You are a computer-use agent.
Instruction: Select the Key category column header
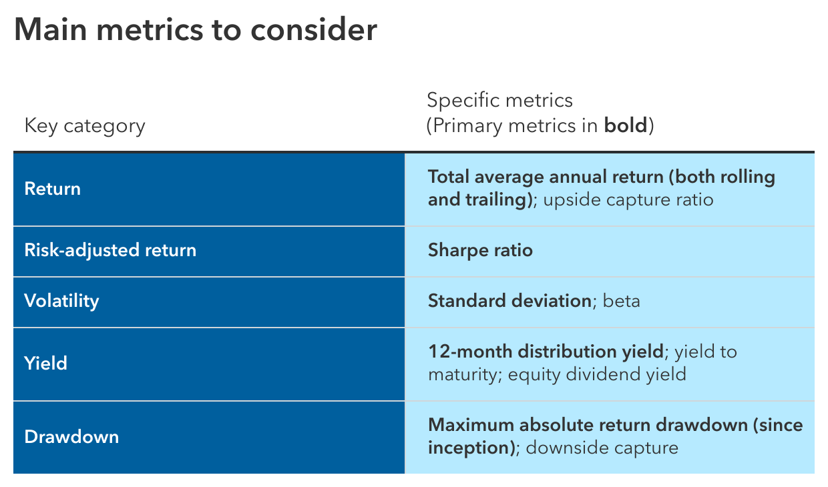(x=85, y=125)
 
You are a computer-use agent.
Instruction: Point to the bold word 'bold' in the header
(x=626, y=125)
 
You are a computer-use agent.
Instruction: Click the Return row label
(x=52, y=189)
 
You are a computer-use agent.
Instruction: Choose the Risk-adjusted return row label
(x=110, y=250)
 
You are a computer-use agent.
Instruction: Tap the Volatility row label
(x=61, y=301)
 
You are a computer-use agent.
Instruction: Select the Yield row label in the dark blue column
(x=45, y=364)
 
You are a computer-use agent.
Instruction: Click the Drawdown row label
(x=71, y=437)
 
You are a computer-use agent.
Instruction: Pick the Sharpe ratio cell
(x=480, y=250)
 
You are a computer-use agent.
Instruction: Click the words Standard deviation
(x=509, y=301)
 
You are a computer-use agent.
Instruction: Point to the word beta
(x=621, y=301)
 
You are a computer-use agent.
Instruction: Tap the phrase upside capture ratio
(x=628, y=199)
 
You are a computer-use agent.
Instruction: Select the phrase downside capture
(x=602, y=448)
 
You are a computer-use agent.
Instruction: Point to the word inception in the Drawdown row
(x=469, y=448)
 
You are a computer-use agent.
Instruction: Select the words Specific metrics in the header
(x=499, y=100)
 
